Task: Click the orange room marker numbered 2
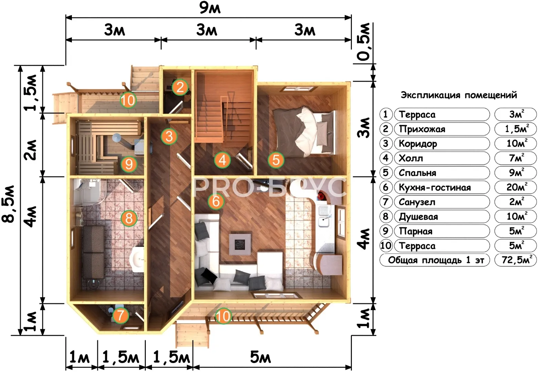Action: coord(180,87)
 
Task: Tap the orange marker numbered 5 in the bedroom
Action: coord(276,160)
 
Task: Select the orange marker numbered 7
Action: coord(120,315)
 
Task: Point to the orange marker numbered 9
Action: coord(129,164)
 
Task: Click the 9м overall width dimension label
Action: coord(210,9)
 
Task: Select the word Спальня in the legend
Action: coord(417,173)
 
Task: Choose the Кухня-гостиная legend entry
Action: coord(435,187)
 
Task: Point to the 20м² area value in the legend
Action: coord(516,187)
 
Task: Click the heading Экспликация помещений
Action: coord(459,95)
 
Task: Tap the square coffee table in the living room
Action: coord(240,243)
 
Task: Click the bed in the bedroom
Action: coord(304,132)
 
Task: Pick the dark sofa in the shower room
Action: coord(94,252)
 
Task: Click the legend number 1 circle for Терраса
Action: coord(386,114)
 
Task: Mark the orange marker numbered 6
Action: coord(216,201)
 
